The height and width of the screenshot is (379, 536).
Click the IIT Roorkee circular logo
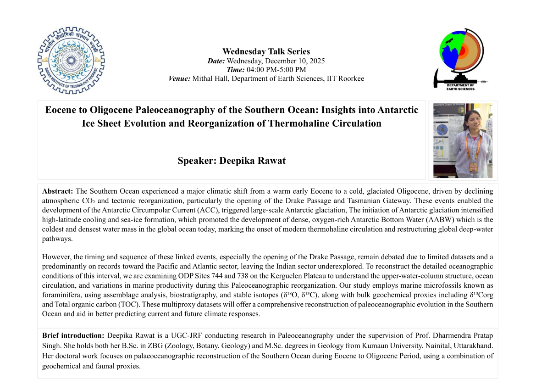pyautogui.click(x=71, y=60)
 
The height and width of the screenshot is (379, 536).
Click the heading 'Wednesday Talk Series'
pyautogui.click(x=266, y=51)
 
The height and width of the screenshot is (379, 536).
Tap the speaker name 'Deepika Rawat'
pyautogui.click(x=253, y=161)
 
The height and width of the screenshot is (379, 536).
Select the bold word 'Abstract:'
pyautogui.click(x=58, y=191)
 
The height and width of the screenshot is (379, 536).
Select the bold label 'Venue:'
pyautogui.click(x=179, y=78)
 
